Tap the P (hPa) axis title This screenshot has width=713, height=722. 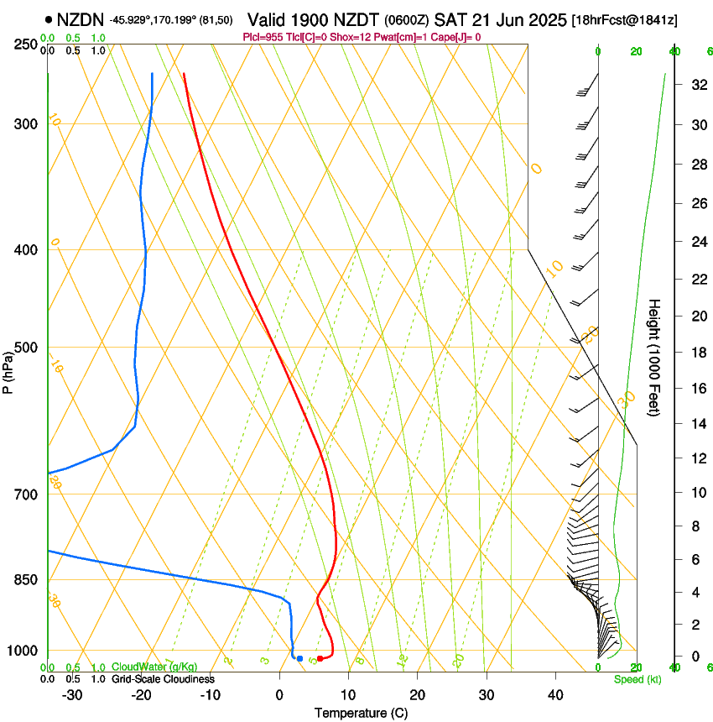click(x=8, y=369)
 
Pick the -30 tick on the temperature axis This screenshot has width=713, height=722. click(x=72, y=695)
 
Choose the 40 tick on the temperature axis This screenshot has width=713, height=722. click(x=554, y=695)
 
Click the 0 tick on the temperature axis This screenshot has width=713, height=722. click(x=280, y=695)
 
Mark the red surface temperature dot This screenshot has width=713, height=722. click(x=320, y=658)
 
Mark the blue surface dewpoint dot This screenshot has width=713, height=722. click(x=299, y=658)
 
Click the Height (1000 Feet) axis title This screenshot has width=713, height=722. click(x=655, y=357)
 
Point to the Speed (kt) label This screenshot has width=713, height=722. click(x=637, y=679)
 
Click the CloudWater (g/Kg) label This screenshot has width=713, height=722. click(x=154, y=667)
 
